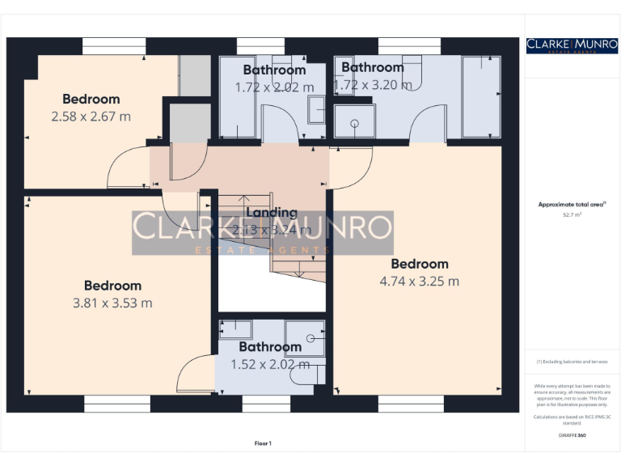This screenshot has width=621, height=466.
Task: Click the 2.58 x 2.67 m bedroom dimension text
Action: (x=91, y=116)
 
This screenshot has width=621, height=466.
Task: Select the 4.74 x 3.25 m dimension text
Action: (x=419, y=282)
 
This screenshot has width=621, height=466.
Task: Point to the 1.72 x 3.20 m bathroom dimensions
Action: (x=372, y=84)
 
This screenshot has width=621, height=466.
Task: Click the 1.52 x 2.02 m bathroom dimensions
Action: (x=270, y=364)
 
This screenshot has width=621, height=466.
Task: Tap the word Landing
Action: (x=272, y=213)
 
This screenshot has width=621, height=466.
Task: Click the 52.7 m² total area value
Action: (x=572, y=215)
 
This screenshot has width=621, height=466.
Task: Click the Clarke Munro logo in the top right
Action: (x=572, y=46)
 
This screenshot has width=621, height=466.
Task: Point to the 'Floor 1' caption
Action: (x=263, y=443)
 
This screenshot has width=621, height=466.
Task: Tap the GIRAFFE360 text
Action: (x=572, y=436)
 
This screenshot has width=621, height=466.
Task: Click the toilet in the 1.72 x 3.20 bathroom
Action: (x=414, y=73)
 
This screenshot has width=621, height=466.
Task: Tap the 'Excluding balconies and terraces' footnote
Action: (x=572, y=362)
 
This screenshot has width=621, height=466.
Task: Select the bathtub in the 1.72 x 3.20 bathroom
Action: (x=480, y=97)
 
